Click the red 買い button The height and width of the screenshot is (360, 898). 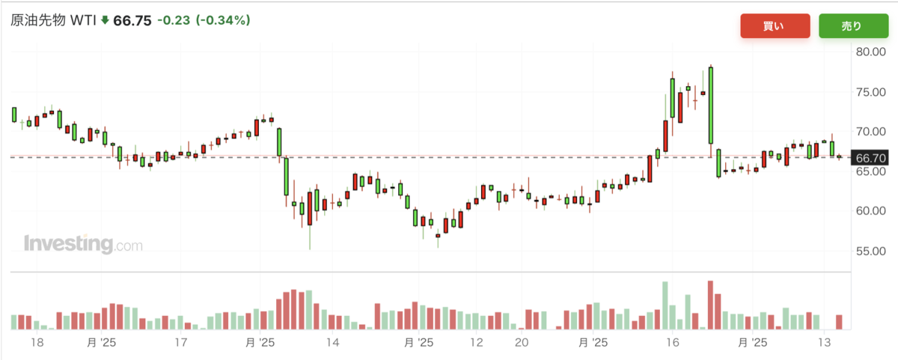[x=775, y=26]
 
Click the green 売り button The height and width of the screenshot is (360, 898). [x=854, y=26]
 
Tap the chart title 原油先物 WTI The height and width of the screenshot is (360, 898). [x=53, y=20]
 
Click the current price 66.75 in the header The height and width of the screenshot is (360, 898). [x=132, y=20]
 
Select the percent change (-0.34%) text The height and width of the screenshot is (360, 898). [x=223, y=20]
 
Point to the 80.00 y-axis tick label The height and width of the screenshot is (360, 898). [x=871, y=52]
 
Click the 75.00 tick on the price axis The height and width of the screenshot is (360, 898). [x=871, y=92]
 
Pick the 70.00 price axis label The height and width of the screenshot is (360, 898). [x=871, y=132]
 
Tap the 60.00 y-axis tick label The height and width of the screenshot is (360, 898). [x=871, y=211]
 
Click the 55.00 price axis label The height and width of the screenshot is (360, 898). [x=871, y=251]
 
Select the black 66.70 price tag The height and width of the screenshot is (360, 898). [x=870, y=158]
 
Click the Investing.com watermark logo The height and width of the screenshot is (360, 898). [x=83, y=244]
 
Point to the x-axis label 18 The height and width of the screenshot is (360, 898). [x=37, y=342]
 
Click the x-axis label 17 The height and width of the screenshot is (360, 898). [x=181, y=342]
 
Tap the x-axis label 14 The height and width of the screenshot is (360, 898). [x=333, y=342]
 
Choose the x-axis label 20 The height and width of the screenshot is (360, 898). [x=522, y=342]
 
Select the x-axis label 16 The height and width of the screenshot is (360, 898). [x=673, y=342]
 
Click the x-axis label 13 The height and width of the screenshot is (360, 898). [x=824, y=342]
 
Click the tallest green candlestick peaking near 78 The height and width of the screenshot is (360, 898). [x=711, y=105]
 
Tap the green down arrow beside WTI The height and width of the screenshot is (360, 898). [x=105, y=20]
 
